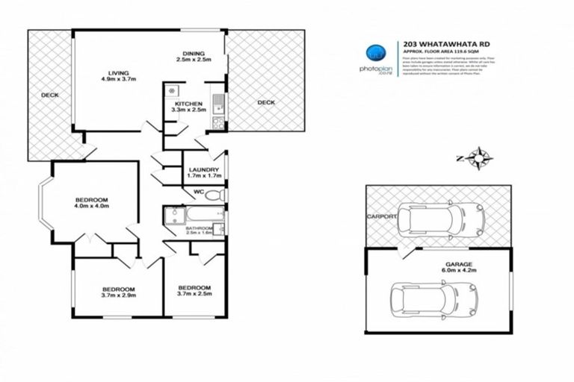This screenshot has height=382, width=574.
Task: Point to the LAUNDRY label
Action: coord(203,169)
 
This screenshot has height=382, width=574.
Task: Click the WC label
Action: coord(198,192)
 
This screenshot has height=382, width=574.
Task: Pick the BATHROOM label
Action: coord(200,228)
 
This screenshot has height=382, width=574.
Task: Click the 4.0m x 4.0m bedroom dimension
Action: coord(92,207)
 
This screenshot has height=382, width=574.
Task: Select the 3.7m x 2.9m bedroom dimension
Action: coord(118,296)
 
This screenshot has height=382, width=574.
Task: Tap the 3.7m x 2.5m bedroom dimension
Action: coord(194,295)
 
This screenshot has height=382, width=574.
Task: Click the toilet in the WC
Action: coord(216,195)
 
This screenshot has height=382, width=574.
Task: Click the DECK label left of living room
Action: coord(50,95)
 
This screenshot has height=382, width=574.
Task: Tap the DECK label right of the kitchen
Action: coord(266,102)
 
